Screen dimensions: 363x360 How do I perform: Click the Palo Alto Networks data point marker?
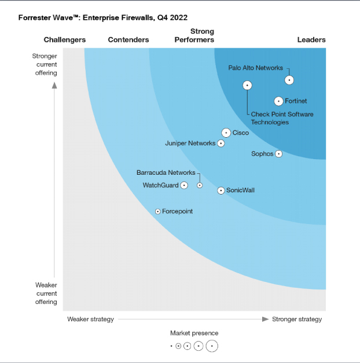(x=289, y=80)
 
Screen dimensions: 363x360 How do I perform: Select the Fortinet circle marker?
(x=279, y=101)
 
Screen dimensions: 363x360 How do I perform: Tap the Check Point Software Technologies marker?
(x=247, y=85)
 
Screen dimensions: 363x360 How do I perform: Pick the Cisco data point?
(x=226, y=133)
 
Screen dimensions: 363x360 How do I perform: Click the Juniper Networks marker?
(x=221, y=143)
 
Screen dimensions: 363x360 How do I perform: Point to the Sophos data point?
(x=278, y=154)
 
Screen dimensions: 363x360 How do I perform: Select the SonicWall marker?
(x=221, y=190)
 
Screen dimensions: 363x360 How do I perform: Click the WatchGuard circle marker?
(x=184, y=185)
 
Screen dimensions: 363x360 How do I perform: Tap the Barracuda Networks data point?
(x=200, y=185)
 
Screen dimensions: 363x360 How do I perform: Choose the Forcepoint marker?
(x=157, y=211)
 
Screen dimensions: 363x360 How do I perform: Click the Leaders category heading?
(x=311, y=40)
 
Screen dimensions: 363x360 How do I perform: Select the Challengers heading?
(x=65, y=40)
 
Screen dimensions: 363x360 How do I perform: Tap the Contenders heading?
(x=128, y=40)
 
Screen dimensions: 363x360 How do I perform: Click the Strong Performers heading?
(x=194, y=35)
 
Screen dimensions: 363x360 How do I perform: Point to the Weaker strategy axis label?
(x=90, y=319)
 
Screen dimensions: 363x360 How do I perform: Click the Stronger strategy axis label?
(x=297, y=319)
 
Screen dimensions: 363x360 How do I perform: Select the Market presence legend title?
(x=194, y=333)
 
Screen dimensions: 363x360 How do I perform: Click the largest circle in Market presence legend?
(x=212, y=346)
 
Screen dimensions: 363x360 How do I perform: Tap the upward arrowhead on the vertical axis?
(x=55, y=85)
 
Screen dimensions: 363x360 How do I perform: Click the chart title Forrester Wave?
(x=102, y=18)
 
